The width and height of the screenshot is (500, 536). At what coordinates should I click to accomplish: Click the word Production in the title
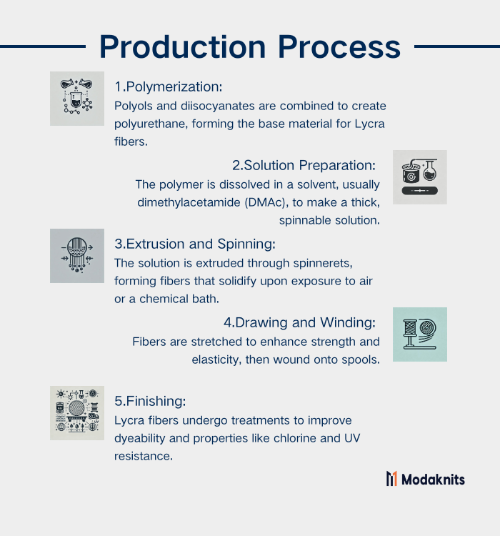(183, 47)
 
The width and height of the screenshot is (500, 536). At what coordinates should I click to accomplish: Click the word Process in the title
(339, 47)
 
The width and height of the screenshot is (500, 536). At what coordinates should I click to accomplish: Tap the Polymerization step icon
(77, 99)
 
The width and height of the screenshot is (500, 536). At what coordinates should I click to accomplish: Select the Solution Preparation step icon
(420, 177)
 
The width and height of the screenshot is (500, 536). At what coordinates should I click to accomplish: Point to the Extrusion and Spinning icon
(77, 256)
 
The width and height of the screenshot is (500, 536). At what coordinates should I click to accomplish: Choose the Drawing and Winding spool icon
(420, 334)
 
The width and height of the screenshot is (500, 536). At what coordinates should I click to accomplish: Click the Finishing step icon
(77, 413)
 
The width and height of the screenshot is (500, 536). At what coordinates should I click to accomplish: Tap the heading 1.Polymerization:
(169, 86)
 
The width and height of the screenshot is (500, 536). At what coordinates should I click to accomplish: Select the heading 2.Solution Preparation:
(304, 166)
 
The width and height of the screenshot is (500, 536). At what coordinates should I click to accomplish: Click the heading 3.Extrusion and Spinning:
(195, 244)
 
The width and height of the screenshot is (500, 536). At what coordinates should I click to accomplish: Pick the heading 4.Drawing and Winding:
(300, 323)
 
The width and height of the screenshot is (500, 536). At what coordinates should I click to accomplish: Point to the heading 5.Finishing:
(151, 402)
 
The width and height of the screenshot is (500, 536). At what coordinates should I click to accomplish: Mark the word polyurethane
(151, 124)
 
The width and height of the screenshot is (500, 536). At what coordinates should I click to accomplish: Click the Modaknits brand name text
(433, 480)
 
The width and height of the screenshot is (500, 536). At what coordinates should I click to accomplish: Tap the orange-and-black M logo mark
(391, 479)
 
